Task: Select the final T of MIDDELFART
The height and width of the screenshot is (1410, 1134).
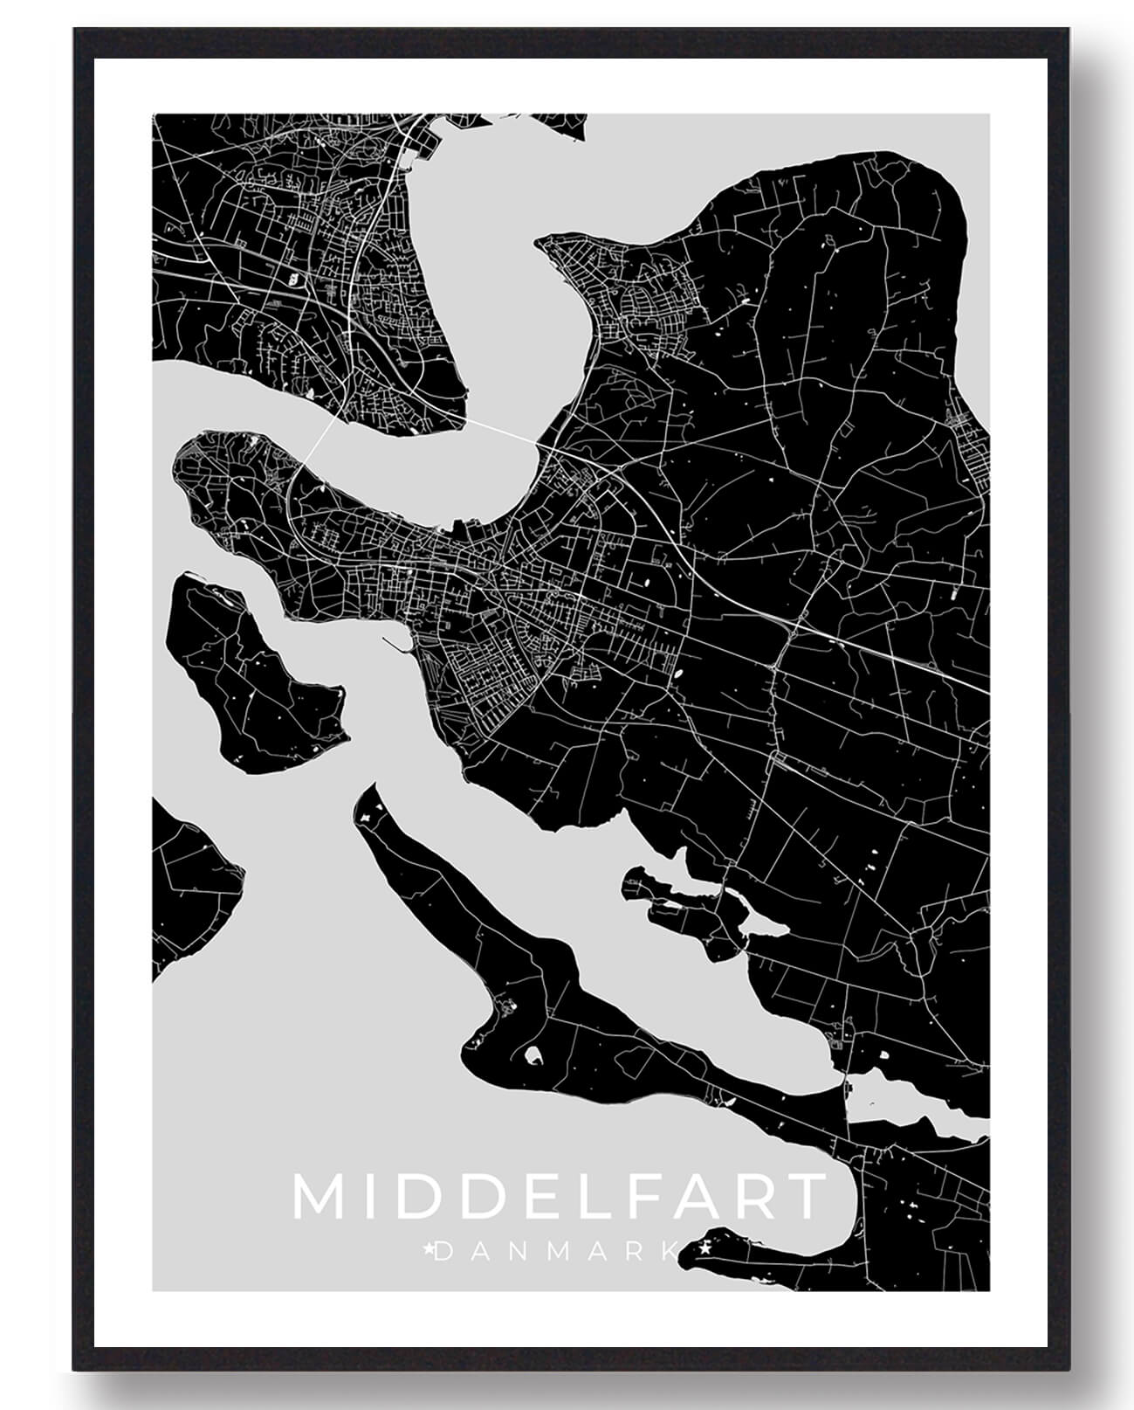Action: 807,1197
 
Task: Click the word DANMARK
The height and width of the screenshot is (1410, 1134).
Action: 553,1252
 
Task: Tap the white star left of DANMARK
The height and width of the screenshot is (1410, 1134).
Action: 428,1250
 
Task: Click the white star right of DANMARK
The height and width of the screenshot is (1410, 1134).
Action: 704,1250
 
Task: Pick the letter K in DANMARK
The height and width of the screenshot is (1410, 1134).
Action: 667,1252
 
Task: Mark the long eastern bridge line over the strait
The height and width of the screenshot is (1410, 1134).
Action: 498,429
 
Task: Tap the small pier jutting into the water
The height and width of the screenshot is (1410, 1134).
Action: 397,645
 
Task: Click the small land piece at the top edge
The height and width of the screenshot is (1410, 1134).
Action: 559,123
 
